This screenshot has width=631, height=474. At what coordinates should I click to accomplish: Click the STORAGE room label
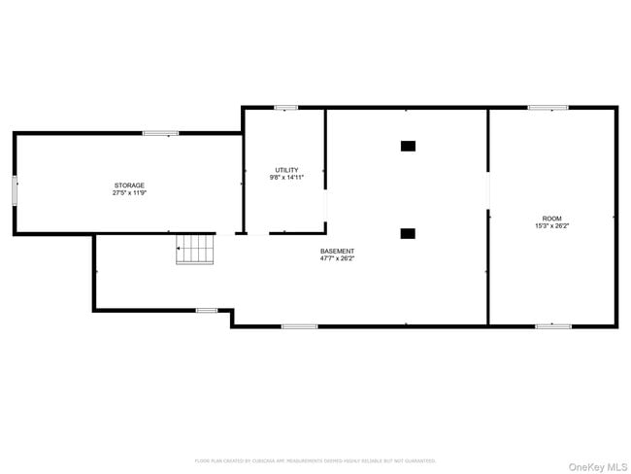(x=129, y=185)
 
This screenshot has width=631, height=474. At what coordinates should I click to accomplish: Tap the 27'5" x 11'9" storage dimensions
(x=129, y=192)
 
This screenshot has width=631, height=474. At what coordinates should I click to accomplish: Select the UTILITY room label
(x=286, y=170)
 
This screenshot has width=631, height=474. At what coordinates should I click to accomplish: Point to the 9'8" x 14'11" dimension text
(x=286, y=178)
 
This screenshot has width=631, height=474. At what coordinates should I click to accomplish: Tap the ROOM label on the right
(x=551, y=219)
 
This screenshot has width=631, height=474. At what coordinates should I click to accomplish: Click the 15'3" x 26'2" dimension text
(x=551, y=225)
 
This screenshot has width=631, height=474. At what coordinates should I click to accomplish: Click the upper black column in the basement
(x=408, y=146)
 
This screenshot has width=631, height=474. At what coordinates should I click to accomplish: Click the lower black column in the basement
(x=408, y=233)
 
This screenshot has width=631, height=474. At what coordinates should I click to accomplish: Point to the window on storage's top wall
(x=160, y=133)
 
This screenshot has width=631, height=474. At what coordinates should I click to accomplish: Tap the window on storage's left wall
(x=15, y=189)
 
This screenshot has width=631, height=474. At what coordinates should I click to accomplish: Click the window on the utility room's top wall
(x=285, y=108)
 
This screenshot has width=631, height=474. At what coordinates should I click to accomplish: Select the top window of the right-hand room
(x=548, y=108)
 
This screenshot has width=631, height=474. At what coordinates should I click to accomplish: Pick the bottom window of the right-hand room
(x=552, y=325)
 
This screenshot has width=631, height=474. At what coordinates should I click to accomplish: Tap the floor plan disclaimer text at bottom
(x=315, y=460)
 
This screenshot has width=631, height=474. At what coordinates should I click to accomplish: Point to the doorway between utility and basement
(x=325, y=206)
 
